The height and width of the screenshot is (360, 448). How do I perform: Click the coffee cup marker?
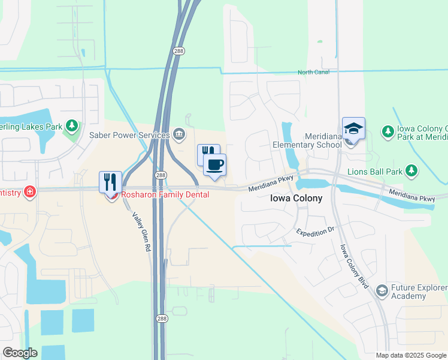(x=214, y=164)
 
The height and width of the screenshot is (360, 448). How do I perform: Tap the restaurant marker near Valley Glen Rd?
(x=110, y=182)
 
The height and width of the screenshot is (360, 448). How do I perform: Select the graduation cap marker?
(x=353, y=129)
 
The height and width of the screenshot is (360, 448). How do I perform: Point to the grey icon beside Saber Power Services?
(x=178, y=133)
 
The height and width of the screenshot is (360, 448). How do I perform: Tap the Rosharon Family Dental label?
(x=165, y=195)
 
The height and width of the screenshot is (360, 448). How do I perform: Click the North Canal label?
(x=314, y=73)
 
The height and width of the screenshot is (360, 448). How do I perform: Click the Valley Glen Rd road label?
(x=141, y=235)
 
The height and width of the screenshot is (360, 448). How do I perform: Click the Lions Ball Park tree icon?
(x=411, y=171)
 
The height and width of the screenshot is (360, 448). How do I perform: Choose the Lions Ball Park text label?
(x=375, y=172)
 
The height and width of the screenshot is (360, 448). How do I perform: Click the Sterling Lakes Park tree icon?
(x=72, y=125)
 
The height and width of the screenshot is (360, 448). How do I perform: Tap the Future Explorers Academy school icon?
(x=381, y=291)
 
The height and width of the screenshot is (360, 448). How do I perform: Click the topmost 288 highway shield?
(x=179, y=51)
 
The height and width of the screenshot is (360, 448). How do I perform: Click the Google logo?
(x=20, y=353)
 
